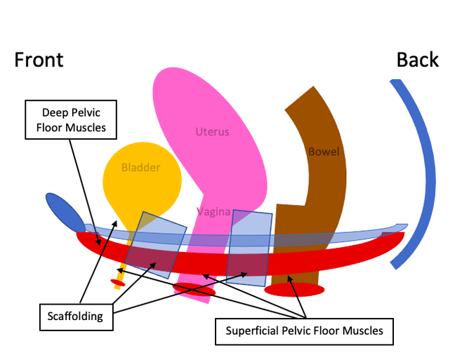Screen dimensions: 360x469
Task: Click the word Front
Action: pos(39,60)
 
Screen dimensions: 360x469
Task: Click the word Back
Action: pos(418,60)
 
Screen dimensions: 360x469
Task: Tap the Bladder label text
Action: pos(140,168)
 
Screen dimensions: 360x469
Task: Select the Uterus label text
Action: pos(212,131)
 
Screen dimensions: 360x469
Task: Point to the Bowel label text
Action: pos(324,151)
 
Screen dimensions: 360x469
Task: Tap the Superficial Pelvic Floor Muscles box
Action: pos(304,331)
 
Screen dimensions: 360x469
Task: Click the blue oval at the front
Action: pos(65,211)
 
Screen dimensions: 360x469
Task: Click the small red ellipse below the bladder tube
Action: pos(118,282)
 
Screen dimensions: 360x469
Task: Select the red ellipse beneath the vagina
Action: pos(194,289)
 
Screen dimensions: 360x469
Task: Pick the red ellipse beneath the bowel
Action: pos(294,289)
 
